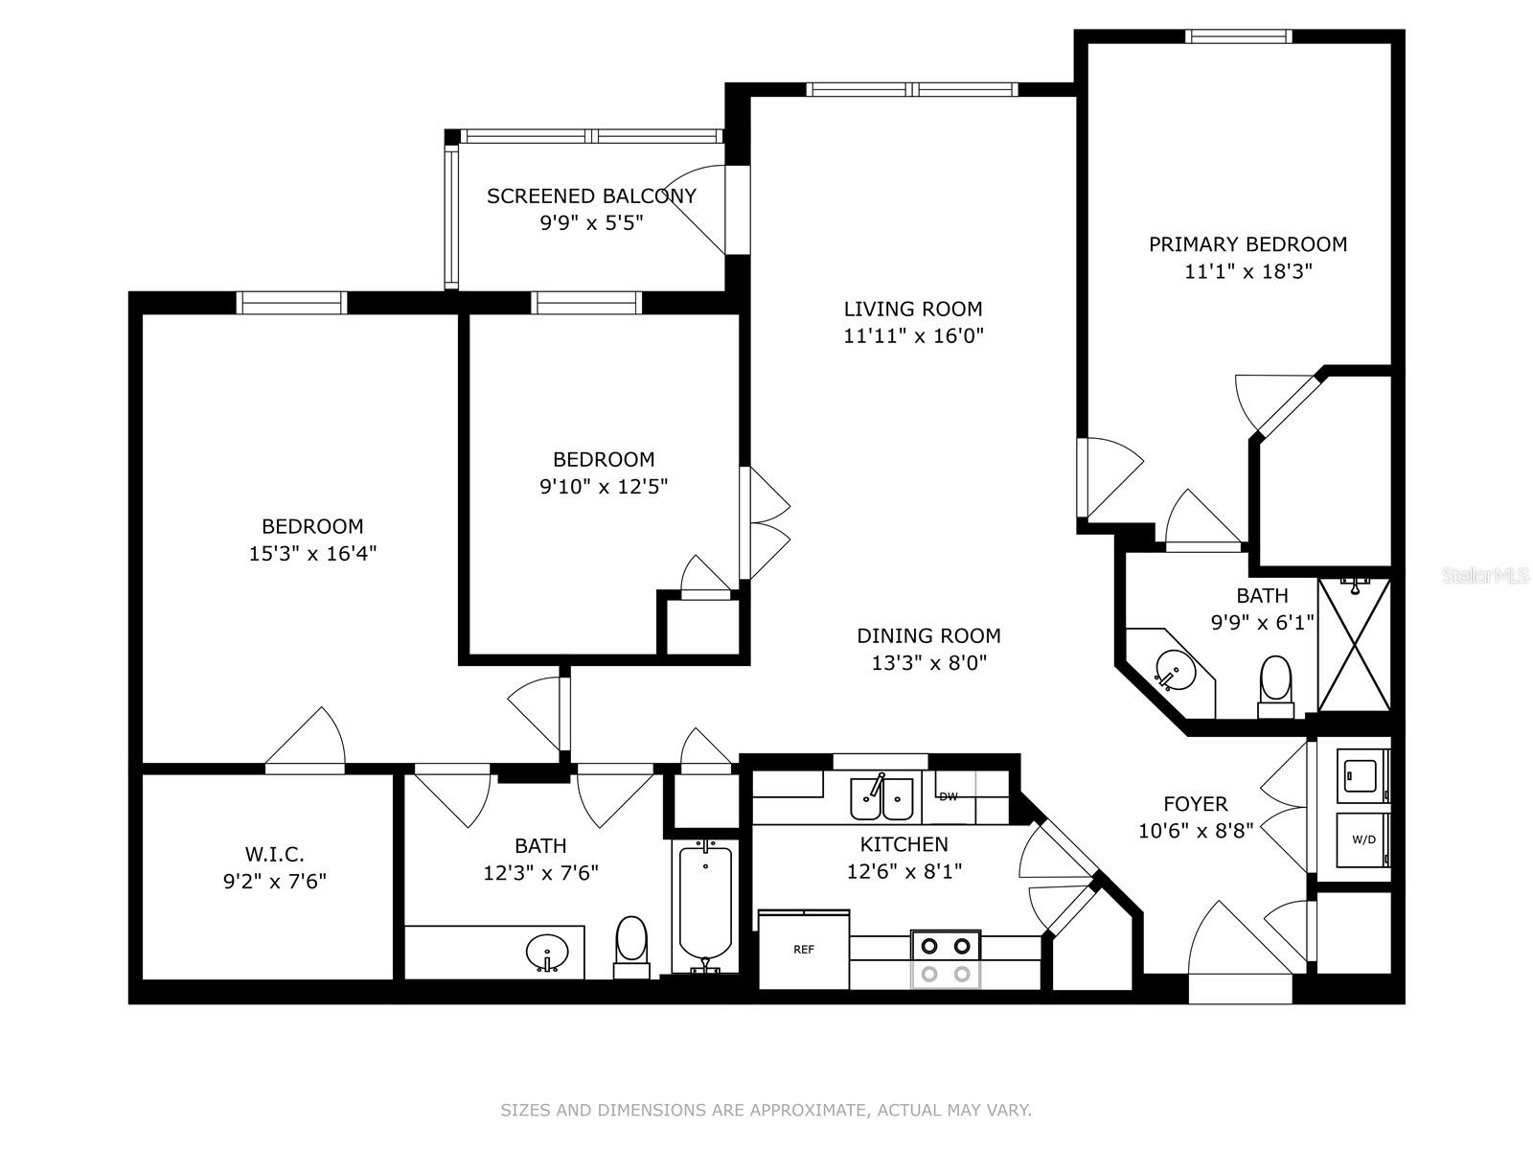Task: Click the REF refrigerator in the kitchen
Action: click(x=804, y=950)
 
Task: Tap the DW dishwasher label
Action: click(x=949, y=796)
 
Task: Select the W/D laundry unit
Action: click(x=1363, y=839)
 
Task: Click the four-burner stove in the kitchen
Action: click(x=946, y=959)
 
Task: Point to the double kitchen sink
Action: click(x=882, y=798)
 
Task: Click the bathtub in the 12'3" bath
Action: click(x=706, y=906)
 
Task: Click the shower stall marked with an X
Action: click(x=1354, y=644)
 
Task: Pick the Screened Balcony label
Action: click(x=591, y=196)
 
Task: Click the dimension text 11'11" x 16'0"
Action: click(x=913, y=335)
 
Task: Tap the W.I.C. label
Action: click(x=275, y=853)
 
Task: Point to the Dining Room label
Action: click(x=928, y=635)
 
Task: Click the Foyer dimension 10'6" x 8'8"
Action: click(x=1196, y=831)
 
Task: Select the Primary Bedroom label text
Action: click(x=1247, y=244)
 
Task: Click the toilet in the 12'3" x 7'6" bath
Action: click(x=631, y=945)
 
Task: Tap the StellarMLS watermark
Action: click(x=1485, y=576)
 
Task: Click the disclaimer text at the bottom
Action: click(x=766, y=1111)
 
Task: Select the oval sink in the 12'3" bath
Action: click(x=547, y=954)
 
